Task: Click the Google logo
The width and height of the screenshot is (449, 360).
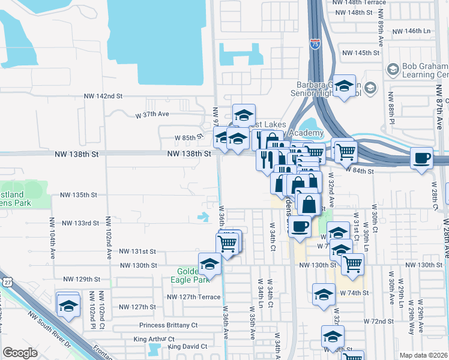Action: (x=20, y=353)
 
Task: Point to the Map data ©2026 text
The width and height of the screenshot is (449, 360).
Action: (x=423, y=355)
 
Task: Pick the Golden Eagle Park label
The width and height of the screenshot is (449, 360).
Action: (x=193, y=275)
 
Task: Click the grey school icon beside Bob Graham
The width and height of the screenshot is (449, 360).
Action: (x=393, y=70)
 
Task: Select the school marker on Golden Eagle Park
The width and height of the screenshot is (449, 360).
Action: (x=210, y=265)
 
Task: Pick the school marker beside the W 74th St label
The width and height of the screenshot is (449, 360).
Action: (x=324, y=294)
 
